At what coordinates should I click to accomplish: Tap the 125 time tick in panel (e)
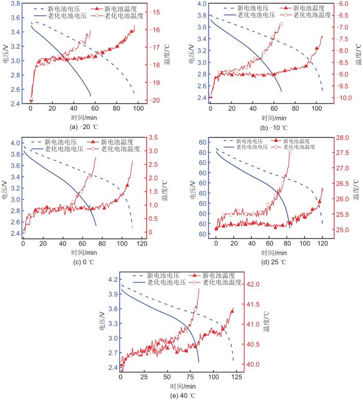[236, 377]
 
